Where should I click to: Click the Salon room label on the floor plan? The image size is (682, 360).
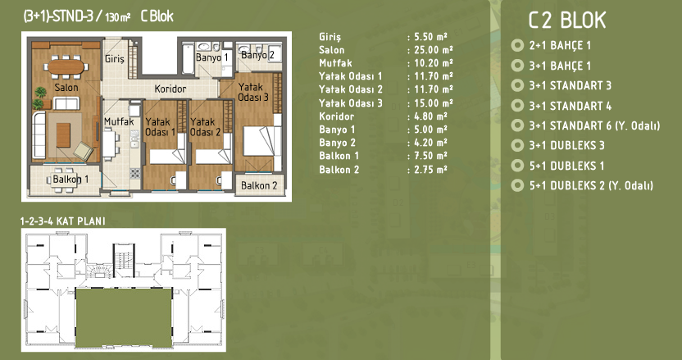pyautogui.click(x=66, y=88)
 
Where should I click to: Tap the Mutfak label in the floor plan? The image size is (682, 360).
pyautogui.click(x=119, y=121)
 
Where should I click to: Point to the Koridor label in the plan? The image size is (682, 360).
pyautogui.click(x=170, y=89)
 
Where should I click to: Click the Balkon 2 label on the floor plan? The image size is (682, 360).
pyautogui.click(x=259, y=185)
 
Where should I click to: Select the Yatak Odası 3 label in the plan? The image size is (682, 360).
pyautogui.click(x=253, y=93)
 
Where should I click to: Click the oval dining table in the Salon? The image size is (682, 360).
pyautogui.click(x=66, y=66)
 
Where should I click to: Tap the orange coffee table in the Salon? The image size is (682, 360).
pyautogui.click(x=63, y=135)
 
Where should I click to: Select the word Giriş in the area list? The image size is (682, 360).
pyautogui.click(x=330, y=38)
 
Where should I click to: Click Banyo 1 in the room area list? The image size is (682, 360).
pyautogui.click(x=337, y=130)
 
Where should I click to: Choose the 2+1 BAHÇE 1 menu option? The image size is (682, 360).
pyautogui.click(x=560, y=45)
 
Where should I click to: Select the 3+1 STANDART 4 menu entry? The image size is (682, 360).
pyautogui.click(x=571, y=106)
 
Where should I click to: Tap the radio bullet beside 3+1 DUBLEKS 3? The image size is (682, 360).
pyautogui.click(x=517, y=145)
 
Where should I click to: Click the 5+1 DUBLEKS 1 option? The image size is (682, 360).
pyautogui.click(x=566, y=166)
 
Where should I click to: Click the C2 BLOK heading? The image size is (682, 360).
pyautogui.click(x=567, y=20)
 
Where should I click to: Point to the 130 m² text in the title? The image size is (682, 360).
pyautogui.click(x=117, y=17)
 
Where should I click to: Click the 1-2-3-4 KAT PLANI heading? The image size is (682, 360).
pyautogui.click(x=62, y=221)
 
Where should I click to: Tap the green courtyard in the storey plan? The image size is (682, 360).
pyautogui.click(x=124, y=317)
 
